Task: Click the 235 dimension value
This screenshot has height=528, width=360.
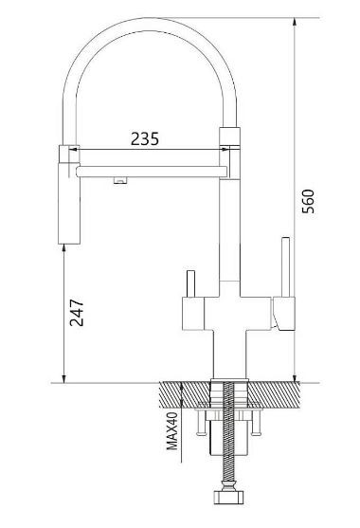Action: pyautogui.click(x=145, y=139)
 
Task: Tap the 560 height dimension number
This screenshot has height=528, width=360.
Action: pyautogui.click(x=308, y=201)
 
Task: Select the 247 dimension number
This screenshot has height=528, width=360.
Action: pyautogui.click(x=77, y=313)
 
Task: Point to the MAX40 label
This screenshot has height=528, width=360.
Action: pyautogui.click(x=172, y=430)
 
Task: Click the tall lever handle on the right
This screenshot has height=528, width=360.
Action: pyautogui.click(x=286, y=267)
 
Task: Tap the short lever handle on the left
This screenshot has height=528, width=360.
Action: pyautogui.click(x=190, y=283)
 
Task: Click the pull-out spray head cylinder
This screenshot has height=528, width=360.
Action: pyautogui.click(x=69, y=203)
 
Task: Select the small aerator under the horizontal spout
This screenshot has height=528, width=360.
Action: pyautogui.click(x=120, y=180)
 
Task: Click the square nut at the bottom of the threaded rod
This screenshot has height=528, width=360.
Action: pyautogui.click(x=228, y=497)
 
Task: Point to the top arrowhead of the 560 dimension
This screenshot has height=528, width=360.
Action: pyautogui.click(x=295, y=22)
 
